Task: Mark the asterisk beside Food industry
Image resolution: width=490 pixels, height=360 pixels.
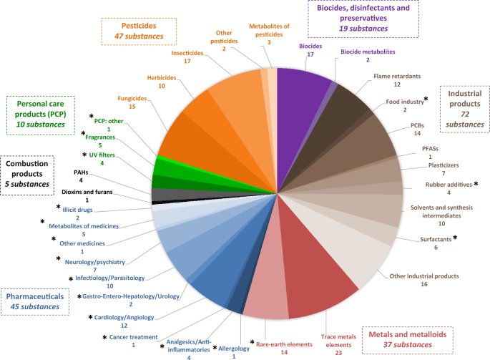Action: point(427,99)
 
